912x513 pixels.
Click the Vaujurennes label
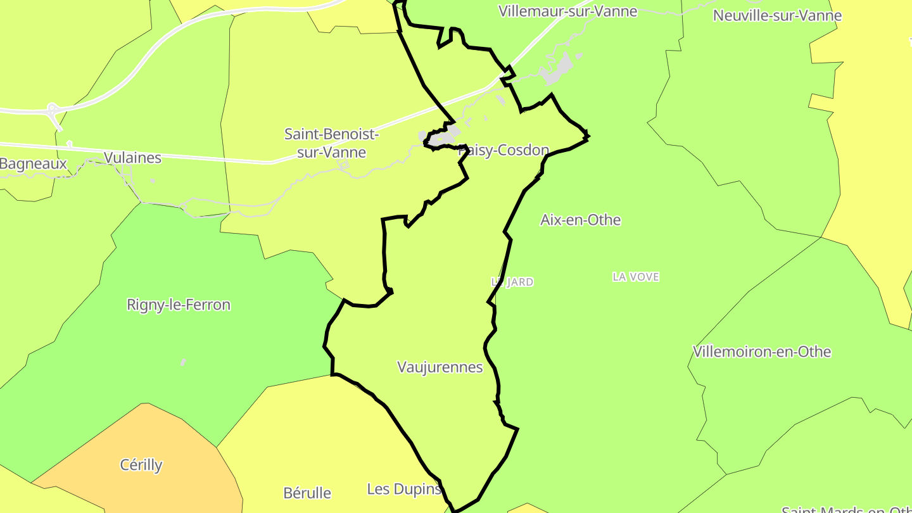440,367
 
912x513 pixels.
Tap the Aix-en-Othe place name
580,220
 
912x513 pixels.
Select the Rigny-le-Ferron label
179,305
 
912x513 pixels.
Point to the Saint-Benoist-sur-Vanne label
331,143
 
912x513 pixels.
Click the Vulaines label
132,158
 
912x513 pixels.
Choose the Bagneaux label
33,164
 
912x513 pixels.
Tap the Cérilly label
141,465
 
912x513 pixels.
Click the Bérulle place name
307,492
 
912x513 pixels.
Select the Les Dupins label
404,489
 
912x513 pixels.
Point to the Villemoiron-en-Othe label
762,351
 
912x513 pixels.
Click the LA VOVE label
636,277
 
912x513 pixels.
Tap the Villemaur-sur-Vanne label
567,11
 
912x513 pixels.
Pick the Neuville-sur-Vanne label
777,15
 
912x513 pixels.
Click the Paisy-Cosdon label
503,150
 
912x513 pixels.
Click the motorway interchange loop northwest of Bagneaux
54,111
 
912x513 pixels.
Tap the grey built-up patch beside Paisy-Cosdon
443,136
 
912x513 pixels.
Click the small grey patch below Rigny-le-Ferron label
183,362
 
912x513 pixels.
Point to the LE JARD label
512,282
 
